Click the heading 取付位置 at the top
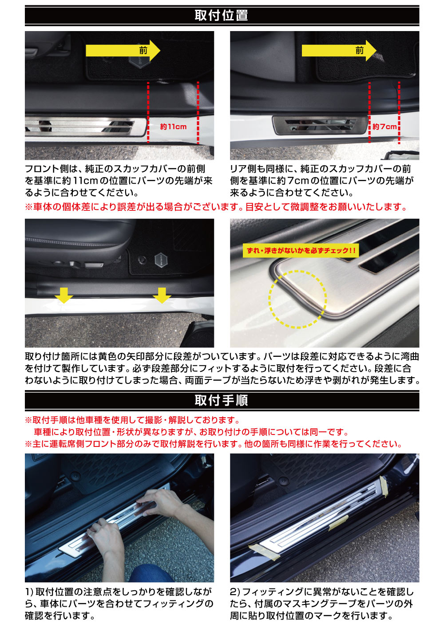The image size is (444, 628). click(221, 16)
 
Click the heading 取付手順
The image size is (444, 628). click(221, 400)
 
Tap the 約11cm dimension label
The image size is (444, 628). click(173, 127)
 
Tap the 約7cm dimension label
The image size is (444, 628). click(385, 127)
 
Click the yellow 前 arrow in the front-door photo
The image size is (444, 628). click(123, 51)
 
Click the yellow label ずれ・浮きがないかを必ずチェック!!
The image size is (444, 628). click(301, 251)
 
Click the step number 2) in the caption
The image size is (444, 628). click(235, 592)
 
